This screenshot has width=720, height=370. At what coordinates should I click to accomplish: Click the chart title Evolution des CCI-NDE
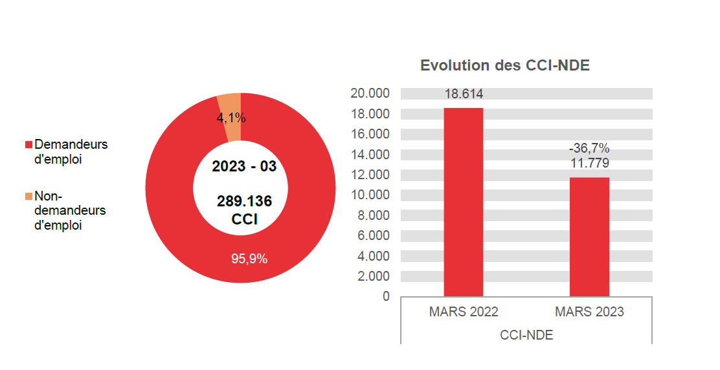pos(504,65)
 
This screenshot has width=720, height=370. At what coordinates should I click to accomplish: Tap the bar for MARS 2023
pos(589,237)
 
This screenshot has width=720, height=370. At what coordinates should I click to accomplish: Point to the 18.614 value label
pos(463,94)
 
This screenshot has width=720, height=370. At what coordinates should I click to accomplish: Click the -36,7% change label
pos(589,149)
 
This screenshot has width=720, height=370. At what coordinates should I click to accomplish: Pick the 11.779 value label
pos(589,163)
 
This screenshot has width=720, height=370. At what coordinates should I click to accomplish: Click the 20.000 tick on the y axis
pos(370,93)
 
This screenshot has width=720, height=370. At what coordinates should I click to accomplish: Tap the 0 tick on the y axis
pos(386,296)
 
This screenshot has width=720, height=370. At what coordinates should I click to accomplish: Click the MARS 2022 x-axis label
pos(463,312)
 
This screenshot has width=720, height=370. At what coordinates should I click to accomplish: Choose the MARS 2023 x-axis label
pos(589,312)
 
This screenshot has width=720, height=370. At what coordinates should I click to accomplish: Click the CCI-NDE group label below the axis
pos(526,335)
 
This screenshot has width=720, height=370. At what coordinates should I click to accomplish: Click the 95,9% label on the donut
pos(249,259)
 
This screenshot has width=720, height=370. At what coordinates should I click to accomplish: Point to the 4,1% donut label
pos(231,118)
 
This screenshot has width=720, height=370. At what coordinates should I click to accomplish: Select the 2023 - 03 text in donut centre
pos(244,166)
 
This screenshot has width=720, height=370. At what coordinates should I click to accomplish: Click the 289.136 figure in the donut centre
pos(244,201)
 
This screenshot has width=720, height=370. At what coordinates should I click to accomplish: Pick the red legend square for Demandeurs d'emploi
pos(28,144)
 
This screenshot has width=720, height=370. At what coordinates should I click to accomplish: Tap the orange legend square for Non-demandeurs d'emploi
pos(28,196)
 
